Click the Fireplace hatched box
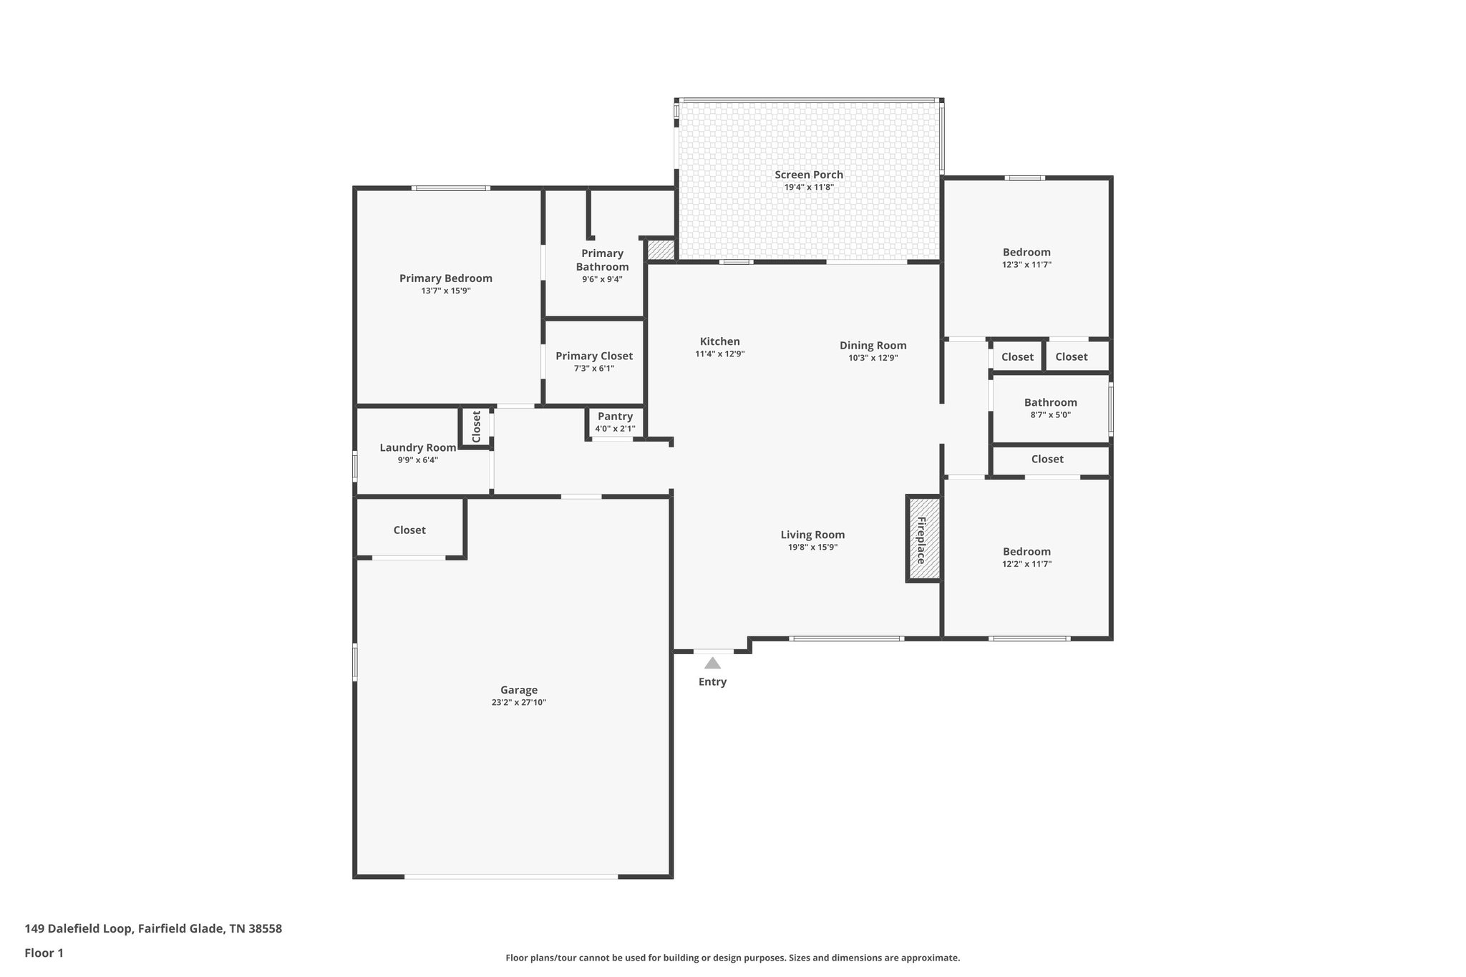(923, 538)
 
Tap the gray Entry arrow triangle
(712, 663)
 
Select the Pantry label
(615, 417)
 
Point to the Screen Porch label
(809, 175)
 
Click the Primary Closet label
(594, 356)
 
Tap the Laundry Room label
(417, 447)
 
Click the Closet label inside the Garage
(409, 530)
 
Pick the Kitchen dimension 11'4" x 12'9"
(719, 354)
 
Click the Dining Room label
(873, 345)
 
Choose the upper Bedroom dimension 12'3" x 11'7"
(1026, 264)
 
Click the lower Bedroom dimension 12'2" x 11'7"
(1026, 563)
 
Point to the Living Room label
(812, 535)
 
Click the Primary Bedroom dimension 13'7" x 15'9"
(445, 291)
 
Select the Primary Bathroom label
(602, 260)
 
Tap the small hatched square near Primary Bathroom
(661, 250)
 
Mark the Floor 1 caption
(44, 953)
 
